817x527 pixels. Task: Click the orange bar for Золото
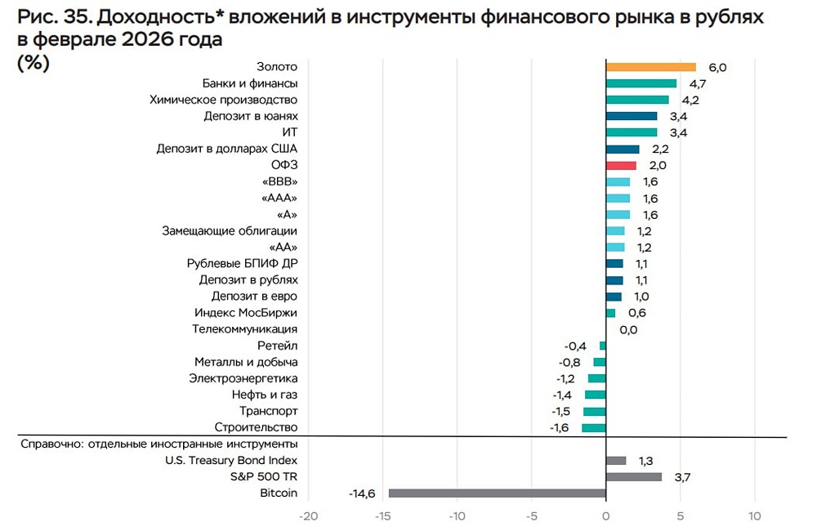[650, 67]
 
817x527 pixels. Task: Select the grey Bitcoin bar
[497, 493]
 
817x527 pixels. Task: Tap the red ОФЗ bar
[621, 165]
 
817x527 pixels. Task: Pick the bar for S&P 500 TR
[634, 476]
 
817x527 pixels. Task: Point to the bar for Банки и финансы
[641, 83]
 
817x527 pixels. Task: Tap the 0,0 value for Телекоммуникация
[627, 329]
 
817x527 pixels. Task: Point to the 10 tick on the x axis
[754, 516]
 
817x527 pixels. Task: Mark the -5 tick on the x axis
[531, 516]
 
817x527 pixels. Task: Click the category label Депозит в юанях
[251, 116]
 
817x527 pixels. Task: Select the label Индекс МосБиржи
[246, 313]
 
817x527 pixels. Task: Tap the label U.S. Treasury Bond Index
[231, 460]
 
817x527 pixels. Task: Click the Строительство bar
[594, 427]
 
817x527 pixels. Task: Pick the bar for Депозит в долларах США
[623, 149]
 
